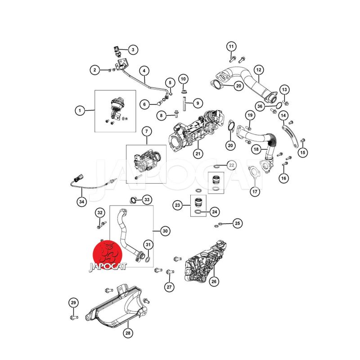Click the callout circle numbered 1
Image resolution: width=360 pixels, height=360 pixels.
[80, 111]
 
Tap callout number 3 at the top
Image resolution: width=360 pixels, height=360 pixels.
[133, 49]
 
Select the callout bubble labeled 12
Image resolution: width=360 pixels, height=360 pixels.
[259, 70]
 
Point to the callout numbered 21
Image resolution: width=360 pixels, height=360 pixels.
[198, 153]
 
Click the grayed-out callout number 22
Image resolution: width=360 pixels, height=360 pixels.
[231, 165]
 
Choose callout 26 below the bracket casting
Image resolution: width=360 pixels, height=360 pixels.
[214, 281]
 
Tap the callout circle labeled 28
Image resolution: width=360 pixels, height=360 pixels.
[128, 333]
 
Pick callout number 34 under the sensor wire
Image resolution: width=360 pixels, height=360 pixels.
[81, 202]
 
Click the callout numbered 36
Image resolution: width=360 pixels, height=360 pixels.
[260, 106]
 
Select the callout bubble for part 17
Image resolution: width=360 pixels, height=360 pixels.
[255, 192]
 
